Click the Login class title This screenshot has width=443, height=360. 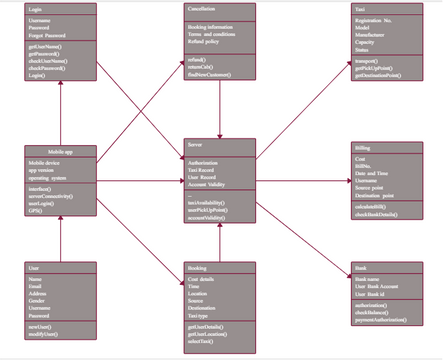pyautogui.click(x=35, y=9)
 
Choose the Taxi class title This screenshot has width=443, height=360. pyautogui.click(x=359, y=9)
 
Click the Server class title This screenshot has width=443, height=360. pyautogui.click(x=195, y=146)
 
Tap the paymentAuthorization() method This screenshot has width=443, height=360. pyautogui.click(x=384, y=319)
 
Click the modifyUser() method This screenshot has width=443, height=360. pyautogui.click(x=45, y=333)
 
